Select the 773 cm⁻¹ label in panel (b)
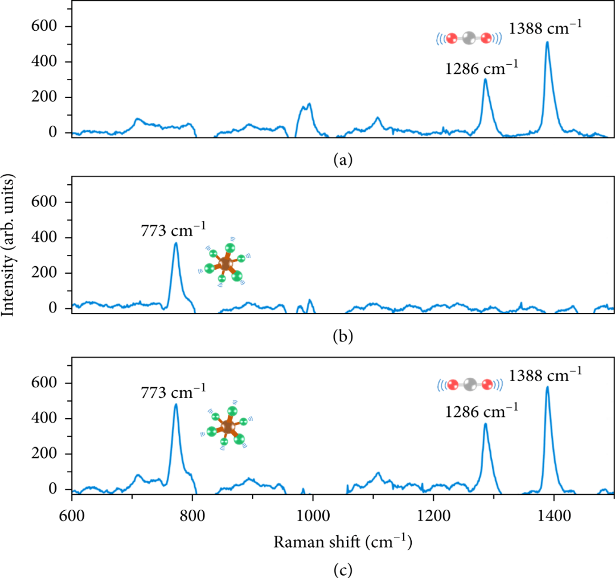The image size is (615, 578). tap(174, 231)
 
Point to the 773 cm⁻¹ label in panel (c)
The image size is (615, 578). tap(174, 392)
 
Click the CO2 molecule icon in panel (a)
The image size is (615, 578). tap(469, 39)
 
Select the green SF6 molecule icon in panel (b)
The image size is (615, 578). tap(226, 263)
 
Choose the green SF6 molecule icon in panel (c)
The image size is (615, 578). tap(228, 427)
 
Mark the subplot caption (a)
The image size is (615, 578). tap(343, 160)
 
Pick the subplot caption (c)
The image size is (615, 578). tap(343, 568)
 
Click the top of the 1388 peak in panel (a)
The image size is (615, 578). tap(547, 42)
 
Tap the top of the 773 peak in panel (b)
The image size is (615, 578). tap(176, 243)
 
